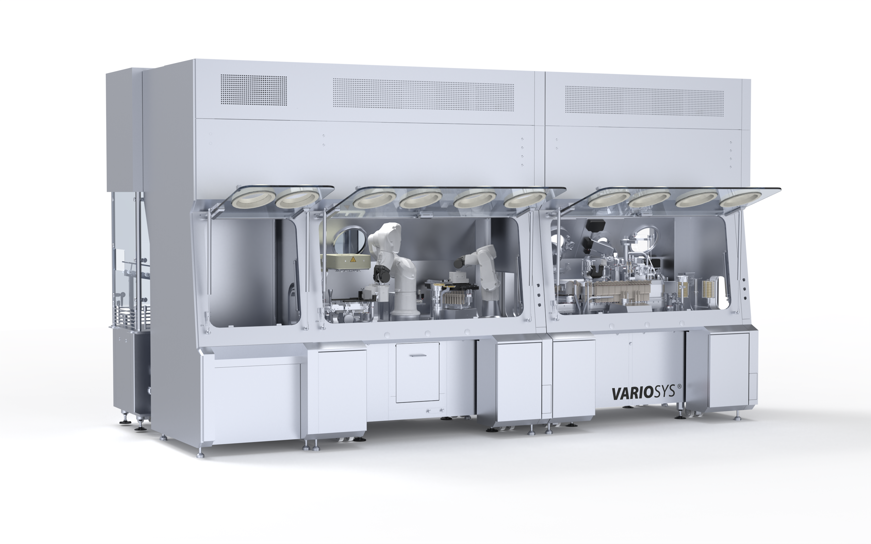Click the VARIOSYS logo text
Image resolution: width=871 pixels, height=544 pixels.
click(x=643, y=392)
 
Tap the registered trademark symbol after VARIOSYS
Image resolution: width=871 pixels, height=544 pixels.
click(x=679, y=386)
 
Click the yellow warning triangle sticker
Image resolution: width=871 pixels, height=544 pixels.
click(x=353, y=259)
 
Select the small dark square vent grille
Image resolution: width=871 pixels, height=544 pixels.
click(x=253, y=90)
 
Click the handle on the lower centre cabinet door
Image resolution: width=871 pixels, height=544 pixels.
click(x=418, y=355)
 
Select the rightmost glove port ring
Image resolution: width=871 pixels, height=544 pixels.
click(x=740, y=199)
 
